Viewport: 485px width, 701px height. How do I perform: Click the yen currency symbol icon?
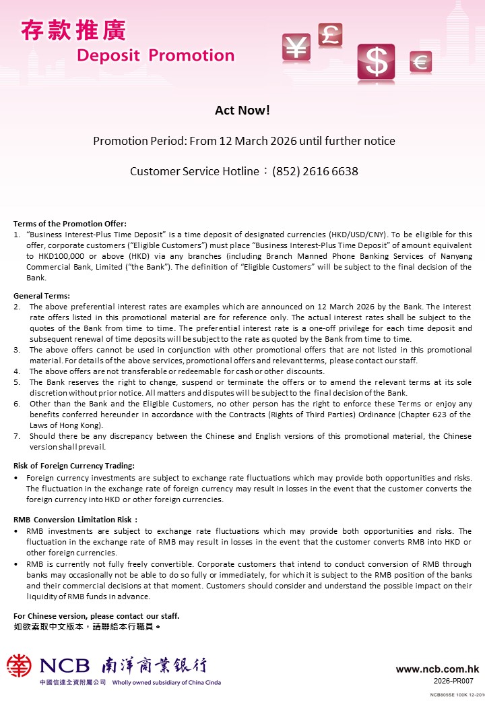click(x=295, y=47)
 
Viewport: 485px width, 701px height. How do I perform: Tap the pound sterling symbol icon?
click(x=330, y=34)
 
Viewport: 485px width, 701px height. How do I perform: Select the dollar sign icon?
click(x=376, y=61)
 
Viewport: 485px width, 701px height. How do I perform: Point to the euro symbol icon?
click(x=420, y=63)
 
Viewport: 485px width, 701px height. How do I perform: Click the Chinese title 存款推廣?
click(x=73, y=30)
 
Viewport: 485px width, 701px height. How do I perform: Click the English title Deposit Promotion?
click(x=156, y=55)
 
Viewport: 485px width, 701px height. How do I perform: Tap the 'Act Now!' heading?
click(x=243, y=111)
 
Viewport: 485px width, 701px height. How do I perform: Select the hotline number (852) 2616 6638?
click(x=315, y=171)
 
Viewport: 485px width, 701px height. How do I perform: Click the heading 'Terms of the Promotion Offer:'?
click(x=70, y=224)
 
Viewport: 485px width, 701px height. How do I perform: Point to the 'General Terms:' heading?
click(x=42, y=296)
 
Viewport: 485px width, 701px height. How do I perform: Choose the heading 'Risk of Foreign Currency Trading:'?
click(x=74, y=466)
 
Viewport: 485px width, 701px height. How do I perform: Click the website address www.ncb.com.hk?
click(x=437, y=669)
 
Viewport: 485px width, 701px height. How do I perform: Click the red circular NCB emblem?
click(x=20, y=666)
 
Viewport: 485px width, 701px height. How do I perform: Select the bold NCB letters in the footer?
click(x=65, y=666)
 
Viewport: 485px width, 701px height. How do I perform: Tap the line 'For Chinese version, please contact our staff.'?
click(x=96, y=616)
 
